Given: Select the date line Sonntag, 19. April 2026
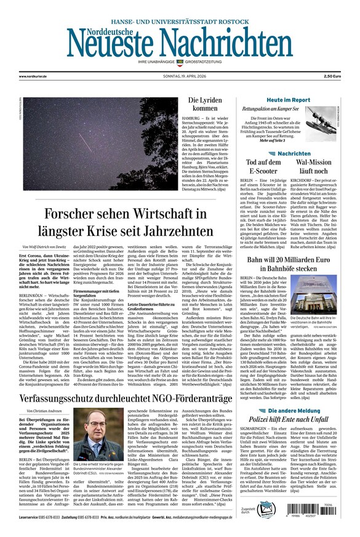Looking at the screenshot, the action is pyautogui.click(x=180, y=76).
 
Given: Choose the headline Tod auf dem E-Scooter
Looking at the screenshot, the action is pyautogui.click(x=263, y=166).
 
